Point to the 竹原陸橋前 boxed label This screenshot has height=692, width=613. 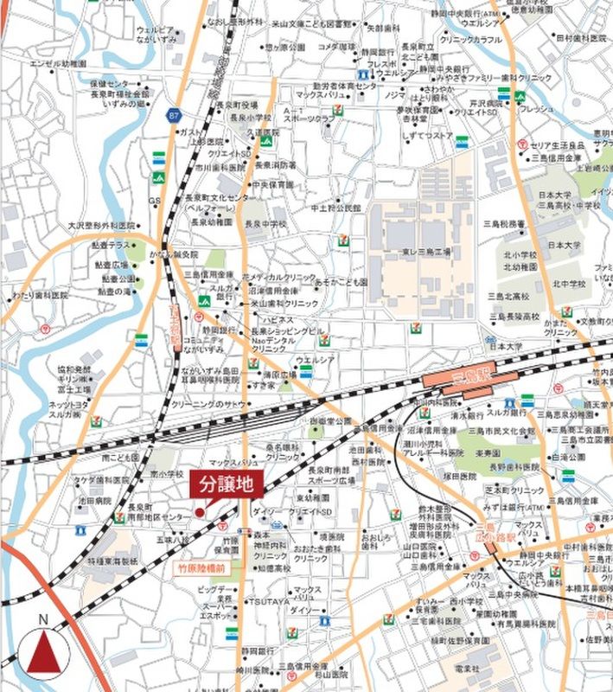pyautogui.click(x=201, y=568)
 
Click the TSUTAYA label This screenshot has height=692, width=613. pyautogui.click(x=265, y=601)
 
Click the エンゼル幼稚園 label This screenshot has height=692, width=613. pyautogui.click(x=58, y=64)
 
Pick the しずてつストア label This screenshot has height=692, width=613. pyautogui.click(x=429, y=135)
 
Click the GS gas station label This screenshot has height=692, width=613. pyautogui.click(x=155, y=201)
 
